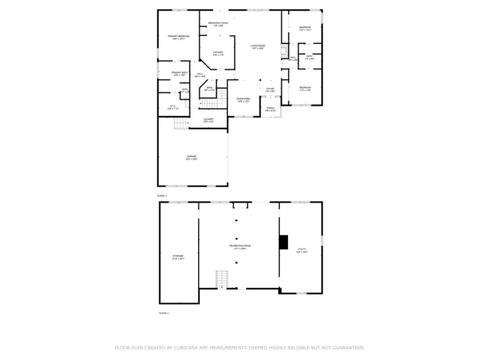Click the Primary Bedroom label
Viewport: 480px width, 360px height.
(x=178, y=37)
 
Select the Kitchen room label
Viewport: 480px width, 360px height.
(x=218, y=53)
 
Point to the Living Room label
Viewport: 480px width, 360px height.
(x=257, y=46)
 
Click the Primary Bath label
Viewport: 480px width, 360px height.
(x=178, y=73)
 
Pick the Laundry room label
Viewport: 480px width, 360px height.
(x=208, y=120)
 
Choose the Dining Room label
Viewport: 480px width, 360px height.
(x=243, y=99)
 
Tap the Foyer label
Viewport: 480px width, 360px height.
(x=270, y=90)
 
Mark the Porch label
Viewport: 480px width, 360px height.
(x=271, y=109)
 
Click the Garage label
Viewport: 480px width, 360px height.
(x=190, y=157)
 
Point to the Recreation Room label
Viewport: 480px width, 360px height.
(x=240, y=246)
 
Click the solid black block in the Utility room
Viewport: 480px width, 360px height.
(x=284, y=241)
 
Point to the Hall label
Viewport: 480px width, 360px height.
(x=200, y=75)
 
